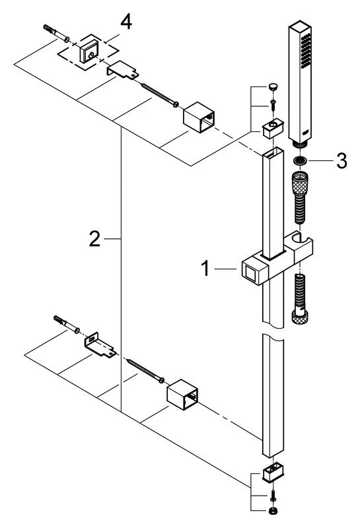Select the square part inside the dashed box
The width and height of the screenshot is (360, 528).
coord(87,51)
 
